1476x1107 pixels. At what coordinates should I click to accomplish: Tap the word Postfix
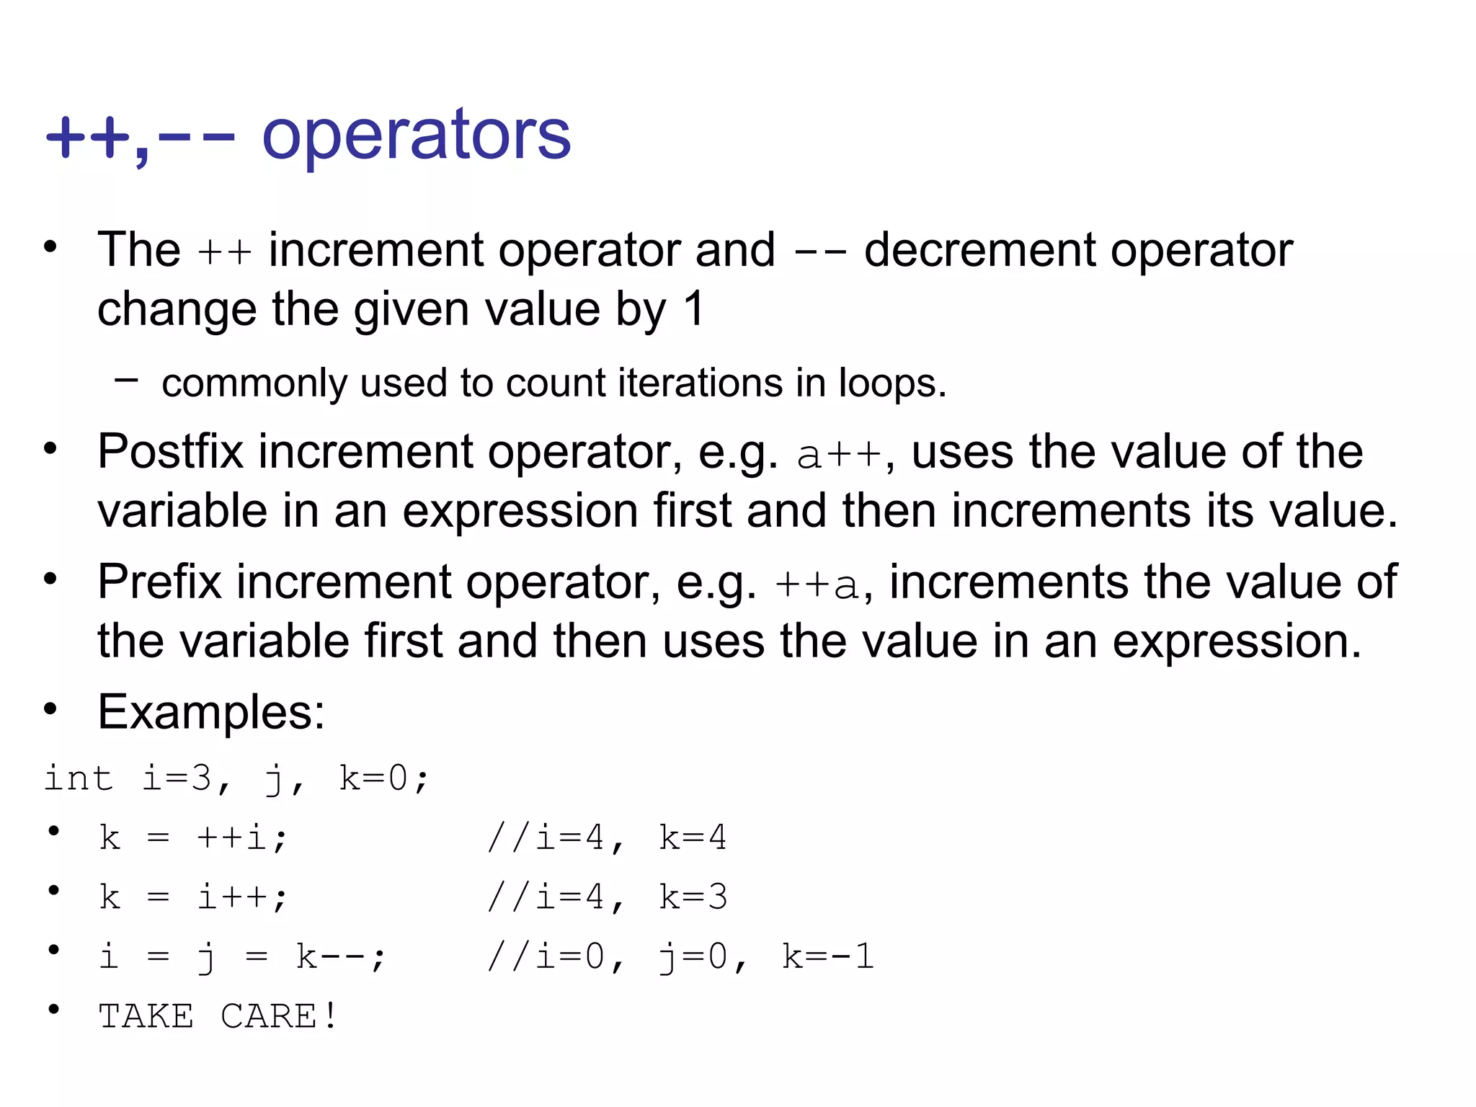pyautogui.click(x=171, y=452)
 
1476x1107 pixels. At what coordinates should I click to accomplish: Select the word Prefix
pyautogui.click(x=159, y=582)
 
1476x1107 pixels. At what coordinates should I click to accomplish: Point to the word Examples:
pyautogui.click(x=211, y=712)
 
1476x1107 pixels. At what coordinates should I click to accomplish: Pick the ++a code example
pyautogui.click(x=817, y=584)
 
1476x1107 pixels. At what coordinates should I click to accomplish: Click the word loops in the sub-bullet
pyautogui.click(x=892, y=383)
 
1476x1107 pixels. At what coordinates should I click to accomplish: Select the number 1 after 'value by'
pyautogui.click(x=693, y=309)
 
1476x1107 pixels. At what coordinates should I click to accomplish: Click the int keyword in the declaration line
pyautogui.click(x=79, y=778)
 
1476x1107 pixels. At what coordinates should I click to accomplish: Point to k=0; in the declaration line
pyautogui.click(x=384, y=778)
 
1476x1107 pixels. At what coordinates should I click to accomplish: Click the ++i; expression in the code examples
pyautogui.click(x=242, y=837)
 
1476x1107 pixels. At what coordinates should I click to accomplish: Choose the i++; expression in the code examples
pyautogui.click(x=242, y=897)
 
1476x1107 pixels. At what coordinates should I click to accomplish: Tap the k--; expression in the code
pyautogui.click(x=340, y=957)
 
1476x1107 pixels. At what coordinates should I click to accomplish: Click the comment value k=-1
pyautogui.click(x=828, y=957)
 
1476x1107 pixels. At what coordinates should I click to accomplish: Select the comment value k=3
pyautogui.click(x=693, y=897)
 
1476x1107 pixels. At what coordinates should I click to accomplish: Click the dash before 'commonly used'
pyautogui.click(x=126, y=379)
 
